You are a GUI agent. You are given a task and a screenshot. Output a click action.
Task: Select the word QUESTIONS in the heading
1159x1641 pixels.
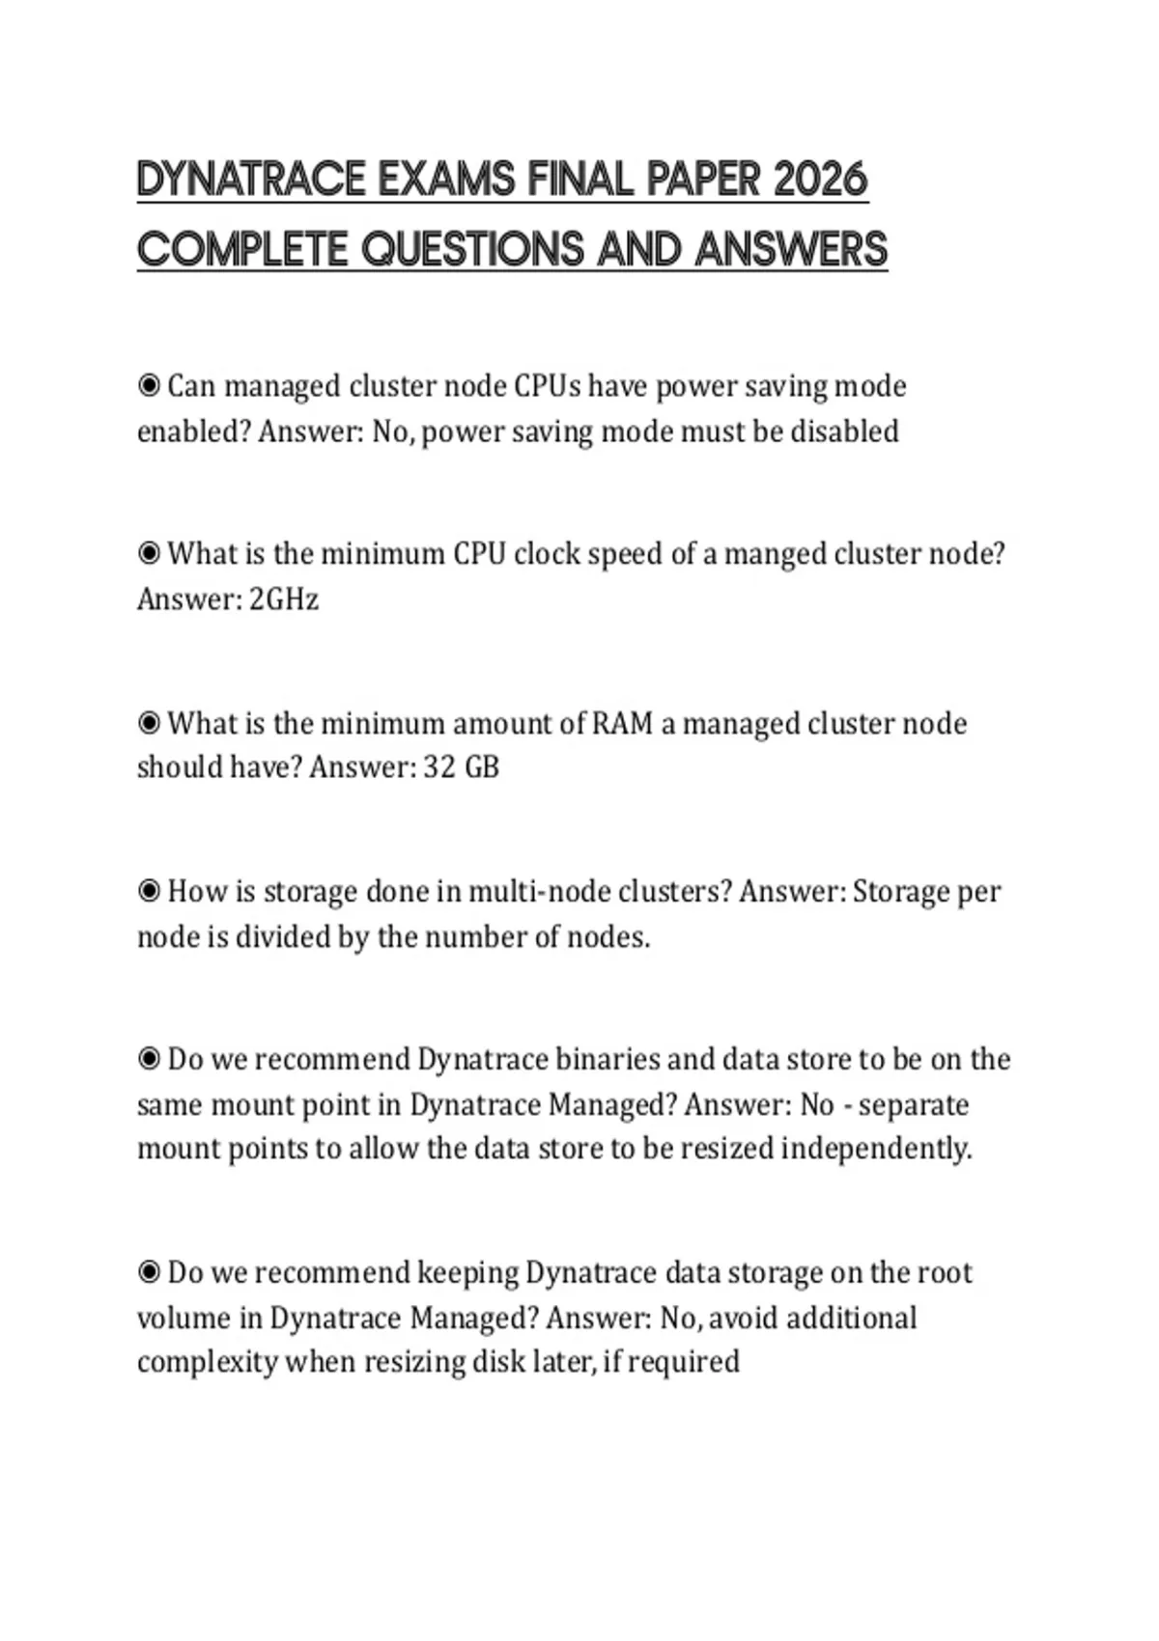[473, 250]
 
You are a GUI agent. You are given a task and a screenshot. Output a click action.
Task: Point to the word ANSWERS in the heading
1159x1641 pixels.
[790, 250]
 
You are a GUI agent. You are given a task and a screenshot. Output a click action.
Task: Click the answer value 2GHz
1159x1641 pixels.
[284, 599]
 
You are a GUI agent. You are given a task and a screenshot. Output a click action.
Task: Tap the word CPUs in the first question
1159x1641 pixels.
[548, 387]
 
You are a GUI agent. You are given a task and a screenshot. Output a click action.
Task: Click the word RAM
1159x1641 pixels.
[622, 724]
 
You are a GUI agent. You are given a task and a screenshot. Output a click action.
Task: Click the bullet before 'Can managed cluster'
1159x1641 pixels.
[149, 387]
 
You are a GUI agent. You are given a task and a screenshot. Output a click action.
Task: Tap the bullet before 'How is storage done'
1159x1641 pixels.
[149, 891]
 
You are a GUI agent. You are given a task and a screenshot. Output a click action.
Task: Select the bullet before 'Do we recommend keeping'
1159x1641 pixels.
[149, 1273]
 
